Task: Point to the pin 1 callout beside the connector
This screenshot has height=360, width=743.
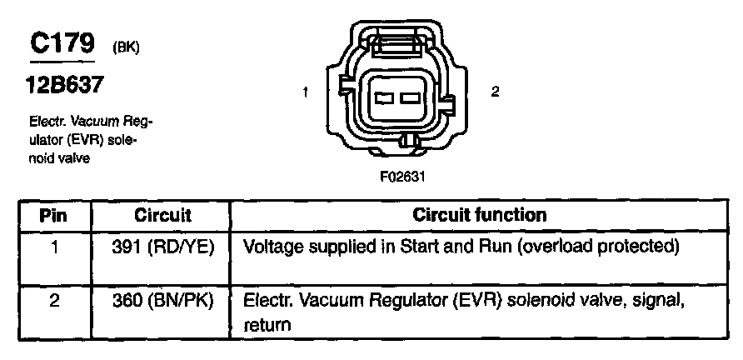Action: point(307,92)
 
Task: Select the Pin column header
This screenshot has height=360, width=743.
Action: point(53,215)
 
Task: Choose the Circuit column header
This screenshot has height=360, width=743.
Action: point(163,215)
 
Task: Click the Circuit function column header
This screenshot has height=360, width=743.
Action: point(480,215)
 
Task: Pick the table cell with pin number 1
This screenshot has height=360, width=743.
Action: point(53,247)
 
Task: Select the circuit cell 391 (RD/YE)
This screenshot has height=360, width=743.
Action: point(163,247)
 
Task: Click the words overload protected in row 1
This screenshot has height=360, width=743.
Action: point(609,247)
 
